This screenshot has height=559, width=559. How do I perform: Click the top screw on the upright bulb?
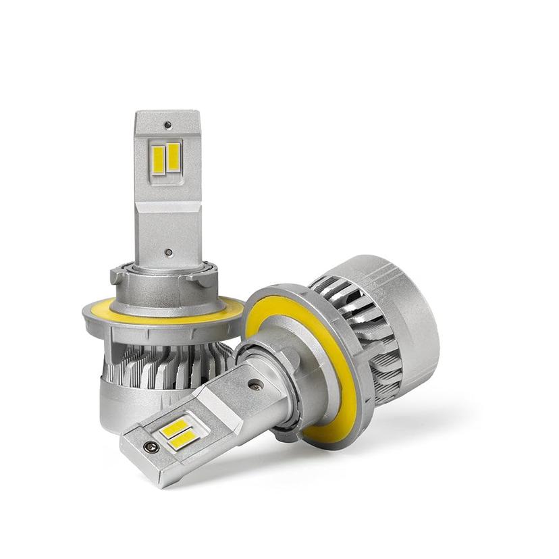point(167,126)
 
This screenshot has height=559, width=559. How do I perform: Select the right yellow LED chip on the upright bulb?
point(174,157)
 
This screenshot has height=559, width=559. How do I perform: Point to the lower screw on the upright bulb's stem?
point(168,252)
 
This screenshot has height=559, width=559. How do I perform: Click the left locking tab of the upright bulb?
point(117,276)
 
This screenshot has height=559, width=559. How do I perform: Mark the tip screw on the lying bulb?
point(150,447)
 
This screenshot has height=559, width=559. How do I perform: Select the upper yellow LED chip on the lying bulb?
point(176,427)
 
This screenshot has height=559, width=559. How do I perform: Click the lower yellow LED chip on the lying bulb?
point(184,440)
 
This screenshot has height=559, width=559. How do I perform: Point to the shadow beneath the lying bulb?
point(405,432)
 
